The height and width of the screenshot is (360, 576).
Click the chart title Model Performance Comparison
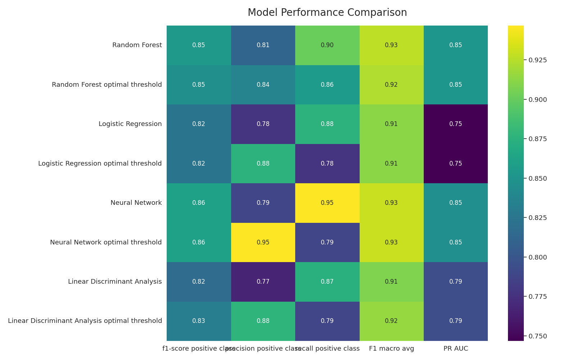pyautogui.click(x=327, y=13)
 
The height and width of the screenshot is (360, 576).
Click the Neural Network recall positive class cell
pyautogui.click(x=327, y=203)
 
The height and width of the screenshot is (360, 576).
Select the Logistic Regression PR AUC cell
pyautogui.click(x=456, y=124)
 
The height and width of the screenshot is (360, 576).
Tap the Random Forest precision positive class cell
pyautogui.click(x=263, y=45)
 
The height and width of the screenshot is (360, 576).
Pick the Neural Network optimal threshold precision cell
pyautogui.click(x=263, y=242)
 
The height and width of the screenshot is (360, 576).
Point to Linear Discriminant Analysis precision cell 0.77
pyautogui.click(x=263, y=282)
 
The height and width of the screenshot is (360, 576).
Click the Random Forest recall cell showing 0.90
pyautogui.click(x=327, y=45)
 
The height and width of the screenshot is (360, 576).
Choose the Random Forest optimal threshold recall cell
pyautogui.click(x=327, y=85)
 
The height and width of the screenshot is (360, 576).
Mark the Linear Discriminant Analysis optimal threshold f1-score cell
pyautogui.click(x=199, y=321)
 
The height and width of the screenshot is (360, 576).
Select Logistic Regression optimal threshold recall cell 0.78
pyautogui.click(x=327, y=163)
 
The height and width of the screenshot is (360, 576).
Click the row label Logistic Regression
pyautogui.click(x=130, y=124)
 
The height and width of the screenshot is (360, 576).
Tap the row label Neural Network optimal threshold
pyautogui.click(x=106, y=242)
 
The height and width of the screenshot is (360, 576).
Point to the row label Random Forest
pyautogui.click(x=137, y=45)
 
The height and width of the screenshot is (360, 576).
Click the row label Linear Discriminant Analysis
pyautogui.click(x=115, y=282)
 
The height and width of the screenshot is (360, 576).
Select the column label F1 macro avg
pyautogui.click(x=391, y=348)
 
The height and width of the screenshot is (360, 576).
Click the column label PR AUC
pyautogui.click(x=456, y=348)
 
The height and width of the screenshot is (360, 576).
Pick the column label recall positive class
pyautogui.click(x=327, y=348)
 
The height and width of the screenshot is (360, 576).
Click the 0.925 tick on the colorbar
pyautogui.click(x=537, y=60)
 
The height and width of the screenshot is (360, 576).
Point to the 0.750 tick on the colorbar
pyautogui.click(x=537, y=336)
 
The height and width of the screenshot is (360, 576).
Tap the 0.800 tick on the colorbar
pyautogui.click(x=537, y=257)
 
